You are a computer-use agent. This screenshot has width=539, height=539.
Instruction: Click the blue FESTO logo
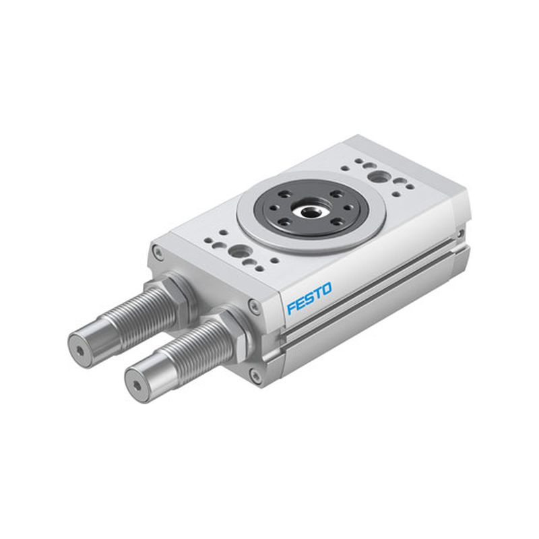(309, 298)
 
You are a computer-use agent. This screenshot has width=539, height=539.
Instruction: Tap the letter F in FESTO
(292, 307)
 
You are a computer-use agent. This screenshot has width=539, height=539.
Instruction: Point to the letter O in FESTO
(327, 289)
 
